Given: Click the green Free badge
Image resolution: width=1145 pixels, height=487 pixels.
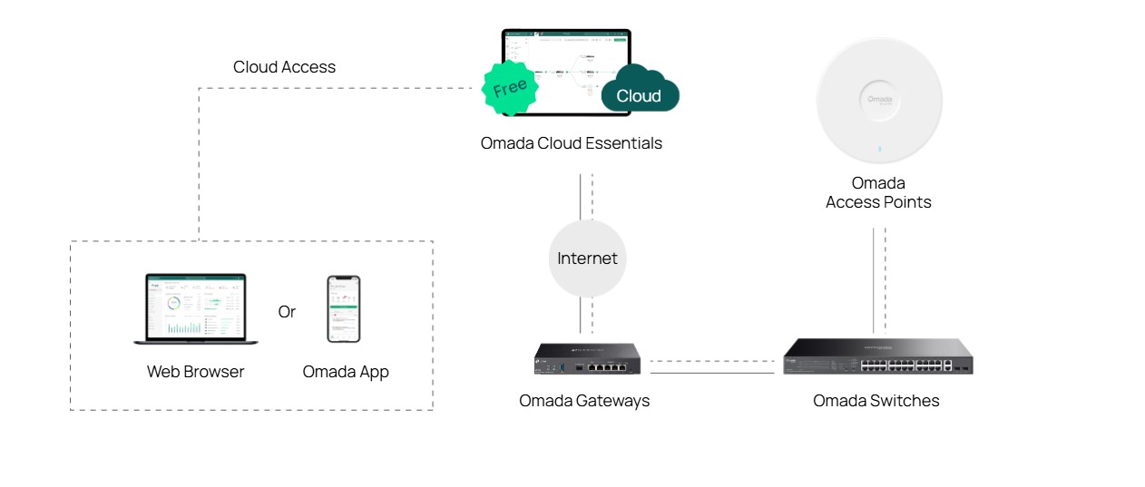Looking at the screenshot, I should pyautogui.click(x=509, y=88).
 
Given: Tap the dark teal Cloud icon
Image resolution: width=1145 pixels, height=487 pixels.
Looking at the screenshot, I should pyautogui.click(x=640, y=92).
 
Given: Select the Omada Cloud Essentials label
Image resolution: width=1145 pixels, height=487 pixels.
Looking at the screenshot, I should pyautogui.click(x=571, y=143).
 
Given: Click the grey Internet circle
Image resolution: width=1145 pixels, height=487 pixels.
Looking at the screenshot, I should pyautogui.click(x=587, y=258).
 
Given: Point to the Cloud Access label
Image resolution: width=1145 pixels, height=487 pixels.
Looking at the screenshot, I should pyautogui.click(x=284, y=67).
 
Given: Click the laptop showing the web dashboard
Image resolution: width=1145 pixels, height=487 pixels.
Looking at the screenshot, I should pyautogui.click(x=196, y=309).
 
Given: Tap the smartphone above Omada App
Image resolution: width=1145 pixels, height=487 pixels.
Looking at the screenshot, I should pyautogui.click(x=344, y=309).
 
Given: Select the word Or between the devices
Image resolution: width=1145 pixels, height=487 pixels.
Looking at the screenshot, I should pyautogui.click(x=287, y=312).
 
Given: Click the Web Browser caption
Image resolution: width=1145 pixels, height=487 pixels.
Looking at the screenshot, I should pyautogui.click(x=195, y=372).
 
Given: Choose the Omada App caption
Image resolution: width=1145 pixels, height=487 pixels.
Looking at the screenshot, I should pyautogui.click(x=345, y=372).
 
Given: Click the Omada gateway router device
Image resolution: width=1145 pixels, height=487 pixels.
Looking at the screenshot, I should pyautogui.click(x=587, y=358).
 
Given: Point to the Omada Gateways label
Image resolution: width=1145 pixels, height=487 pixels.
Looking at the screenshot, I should pyautogui.click(x=584, y=401).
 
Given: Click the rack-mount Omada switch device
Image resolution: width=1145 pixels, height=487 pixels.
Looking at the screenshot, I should pyautogui.click(x=877, y=357).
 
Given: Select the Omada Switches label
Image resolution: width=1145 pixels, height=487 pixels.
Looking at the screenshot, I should pyautogui.click(x=876, y=401).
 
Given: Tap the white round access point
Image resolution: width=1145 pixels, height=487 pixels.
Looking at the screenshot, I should pyautogui.click(x=878, y=100).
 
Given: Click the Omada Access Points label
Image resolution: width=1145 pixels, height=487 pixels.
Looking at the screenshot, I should pyautogui.click(x=878, y=193).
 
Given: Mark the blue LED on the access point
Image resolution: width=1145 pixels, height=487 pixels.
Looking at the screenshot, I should pyautogui.click(x=878, y=151).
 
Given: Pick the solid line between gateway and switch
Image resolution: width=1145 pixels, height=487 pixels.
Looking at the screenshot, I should pyautogui.click(x=712, y=372).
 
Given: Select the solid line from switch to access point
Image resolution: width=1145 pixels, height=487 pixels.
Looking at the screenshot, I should pyautogui.click(x=873, y=281).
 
